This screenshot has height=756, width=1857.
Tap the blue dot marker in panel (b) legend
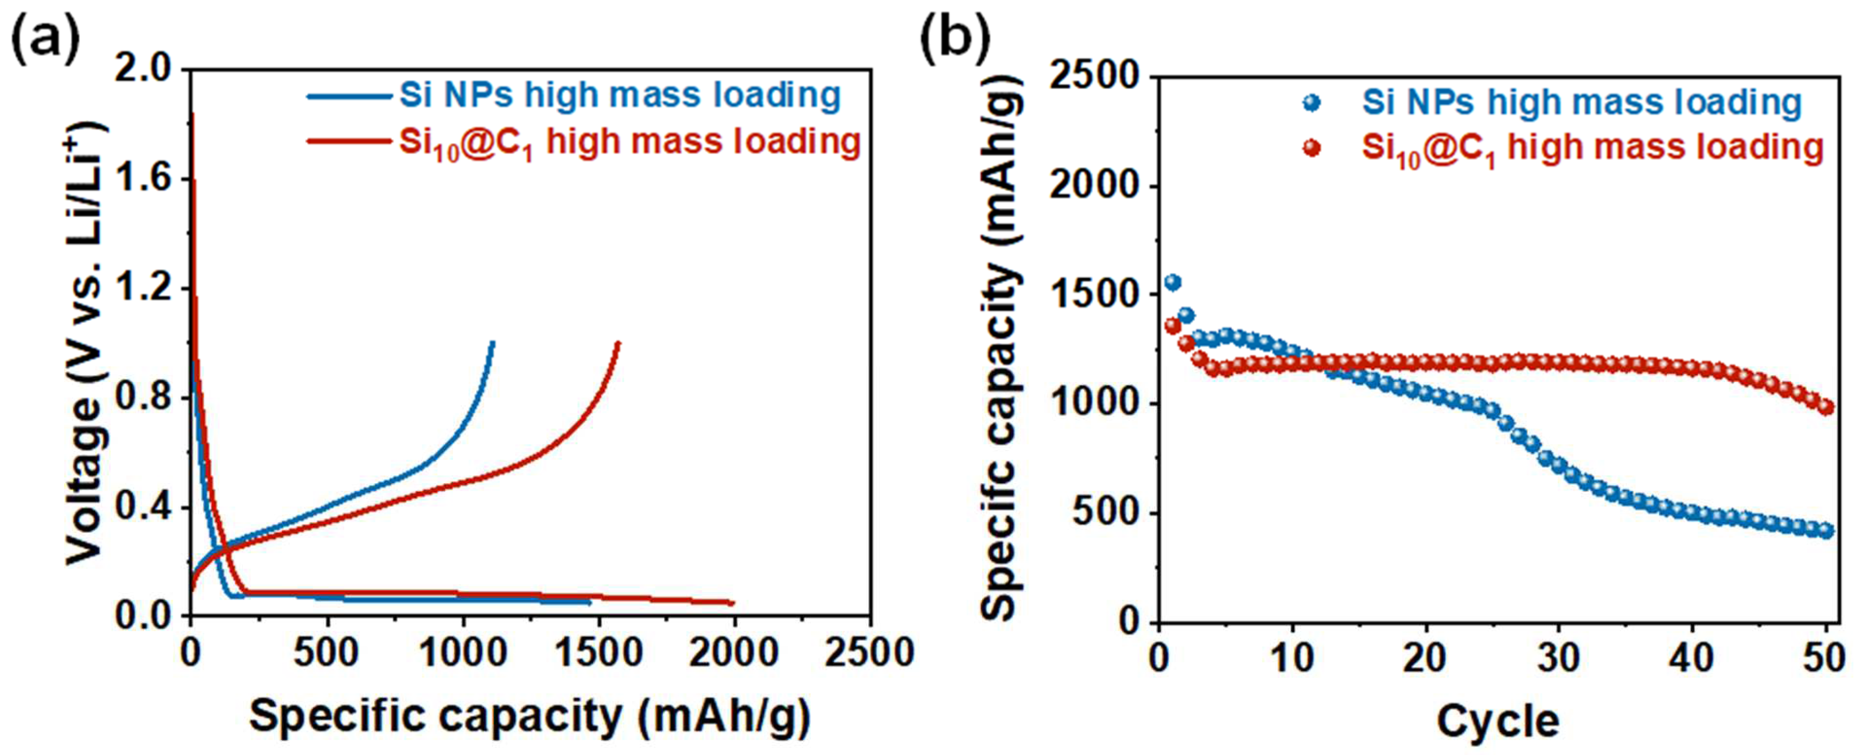point(1312,103)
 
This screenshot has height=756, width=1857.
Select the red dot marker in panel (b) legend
point(1312,148)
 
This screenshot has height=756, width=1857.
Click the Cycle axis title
point(1498,721)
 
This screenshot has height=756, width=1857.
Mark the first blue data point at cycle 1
point(1173,283)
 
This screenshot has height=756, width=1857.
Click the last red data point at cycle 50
point(1826,408)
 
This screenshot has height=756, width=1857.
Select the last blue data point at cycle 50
point(1826,531)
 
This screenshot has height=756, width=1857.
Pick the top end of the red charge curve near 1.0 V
point(618,343)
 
